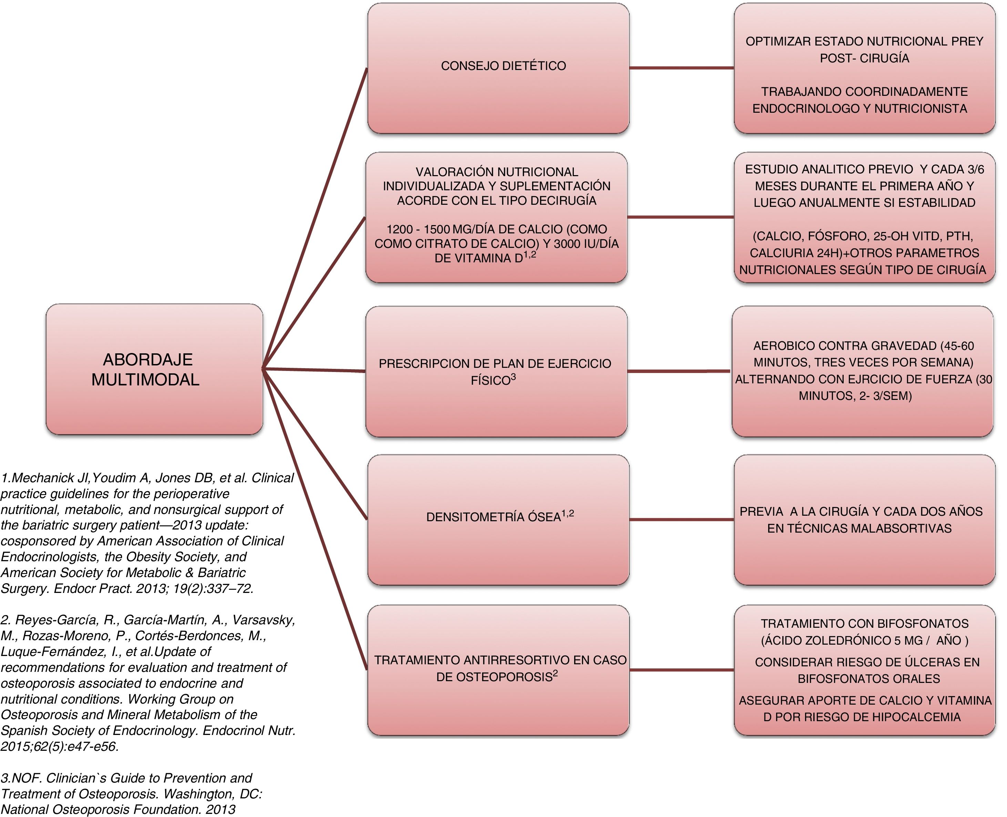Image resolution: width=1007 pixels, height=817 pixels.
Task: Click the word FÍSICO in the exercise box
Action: [490, 380]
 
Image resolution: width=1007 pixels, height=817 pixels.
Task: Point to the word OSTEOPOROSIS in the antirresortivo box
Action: [494, 677]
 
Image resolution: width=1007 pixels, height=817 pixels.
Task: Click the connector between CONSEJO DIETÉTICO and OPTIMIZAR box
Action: [681, 68]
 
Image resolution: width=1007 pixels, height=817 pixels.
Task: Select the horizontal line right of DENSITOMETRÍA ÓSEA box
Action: [681, 520]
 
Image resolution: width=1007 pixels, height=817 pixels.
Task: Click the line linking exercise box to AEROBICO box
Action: [679, 371]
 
